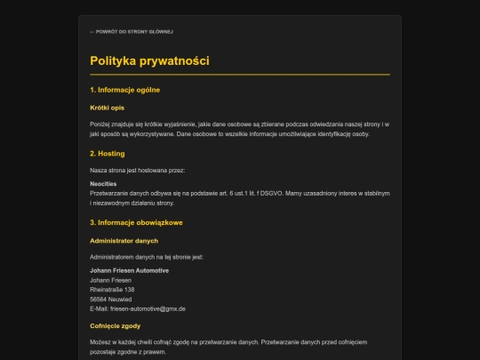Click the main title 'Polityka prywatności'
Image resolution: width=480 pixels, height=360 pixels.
(x=149, y=60)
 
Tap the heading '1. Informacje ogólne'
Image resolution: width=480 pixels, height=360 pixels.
(x=124, y=90)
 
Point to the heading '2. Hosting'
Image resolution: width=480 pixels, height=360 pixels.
(x=107, y=153)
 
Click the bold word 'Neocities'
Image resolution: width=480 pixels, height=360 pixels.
(x=104, y=183)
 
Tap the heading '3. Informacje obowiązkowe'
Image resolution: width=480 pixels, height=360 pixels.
(x=136, y=222)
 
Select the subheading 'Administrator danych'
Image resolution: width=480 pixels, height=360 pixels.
(x=124, y=240)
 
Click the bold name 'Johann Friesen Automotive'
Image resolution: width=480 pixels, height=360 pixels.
(x=129, y=270)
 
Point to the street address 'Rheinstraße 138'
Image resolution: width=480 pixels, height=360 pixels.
(x=112, y=289)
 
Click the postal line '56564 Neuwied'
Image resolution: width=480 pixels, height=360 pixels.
(x=110, y=299)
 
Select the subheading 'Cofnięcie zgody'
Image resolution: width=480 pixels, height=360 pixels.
(x=116, y=325)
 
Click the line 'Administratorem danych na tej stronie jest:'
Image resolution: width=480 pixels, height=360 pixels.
(x=147, y=257)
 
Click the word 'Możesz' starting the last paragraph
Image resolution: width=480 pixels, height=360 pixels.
(x=100, y=342)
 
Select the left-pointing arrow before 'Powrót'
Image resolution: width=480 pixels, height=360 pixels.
(x=92, y=31)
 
